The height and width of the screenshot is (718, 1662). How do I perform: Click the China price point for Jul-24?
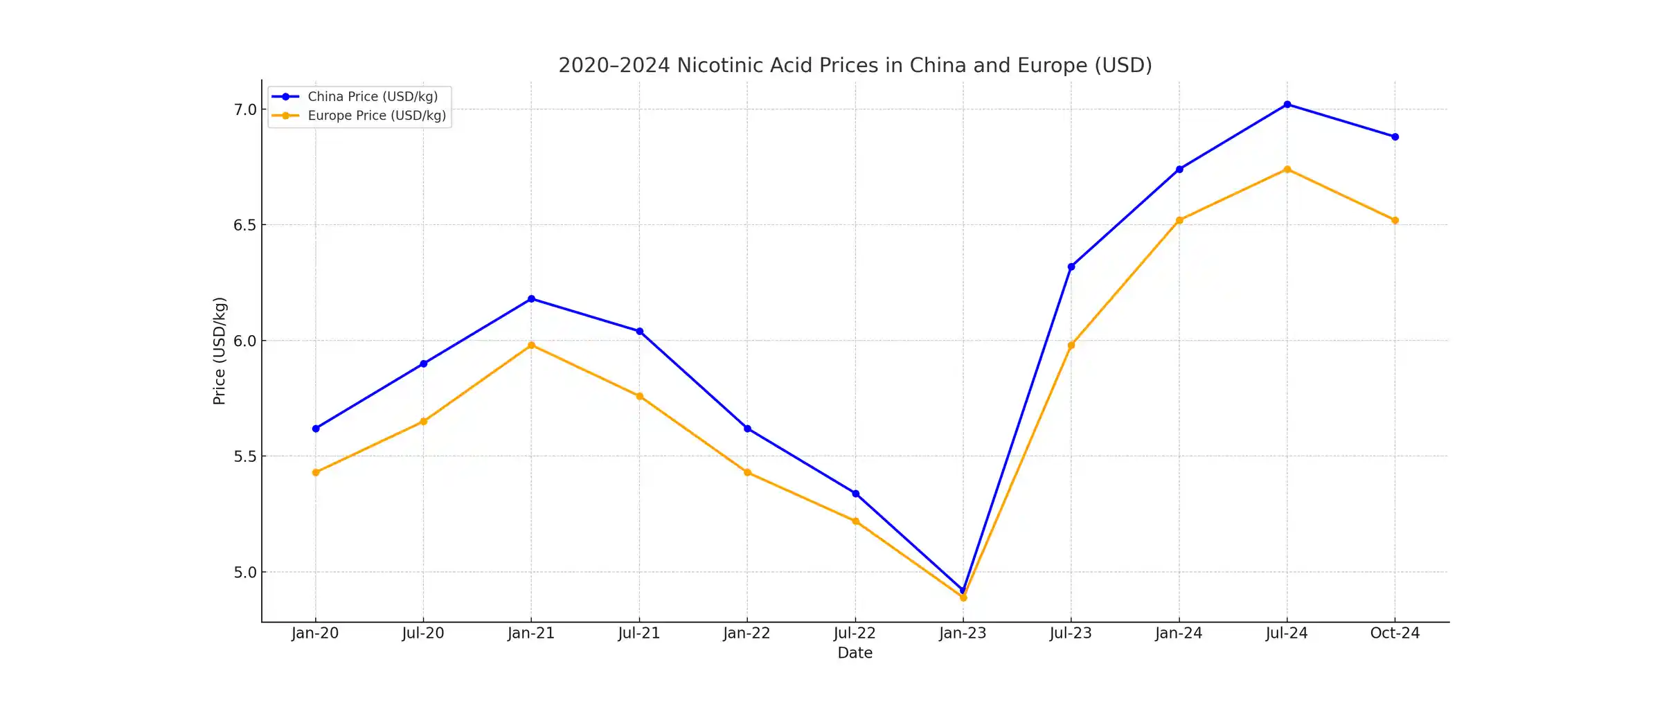coord(1287,105)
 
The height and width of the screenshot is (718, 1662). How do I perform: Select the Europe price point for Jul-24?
coord(1287,170)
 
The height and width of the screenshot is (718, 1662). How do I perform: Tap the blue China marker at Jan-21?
coord(531,299)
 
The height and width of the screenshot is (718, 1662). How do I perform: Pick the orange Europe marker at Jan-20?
coord(316,472)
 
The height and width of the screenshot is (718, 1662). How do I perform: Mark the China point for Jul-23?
coord(1071,267)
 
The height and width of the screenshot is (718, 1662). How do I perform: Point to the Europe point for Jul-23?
coord(1071,345)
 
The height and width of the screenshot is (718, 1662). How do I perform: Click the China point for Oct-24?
coord(1395,137)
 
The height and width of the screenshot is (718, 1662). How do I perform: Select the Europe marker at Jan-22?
coord(747,472)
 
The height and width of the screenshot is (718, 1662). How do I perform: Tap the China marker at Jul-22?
coord(855,494)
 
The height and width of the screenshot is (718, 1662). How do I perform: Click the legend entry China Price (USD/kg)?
coord(373,97)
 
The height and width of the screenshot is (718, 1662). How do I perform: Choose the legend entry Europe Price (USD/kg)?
coord(377,116)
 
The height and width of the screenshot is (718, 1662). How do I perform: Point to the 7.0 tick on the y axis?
coord(245,110)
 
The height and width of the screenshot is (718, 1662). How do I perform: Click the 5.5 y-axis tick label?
coord(245,457)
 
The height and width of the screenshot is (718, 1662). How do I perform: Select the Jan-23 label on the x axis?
coord(963,634)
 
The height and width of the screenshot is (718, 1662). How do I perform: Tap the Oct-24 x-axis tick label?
coord(1395,634)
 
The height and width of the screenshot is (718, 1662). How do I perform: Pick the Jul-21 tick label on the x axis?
coord(639,634)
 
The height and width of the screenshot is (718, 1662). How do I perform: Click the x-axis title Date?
coord(855,653)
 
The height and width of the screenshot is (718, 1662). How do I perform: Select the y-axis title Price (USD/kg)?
coord(220,351)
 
